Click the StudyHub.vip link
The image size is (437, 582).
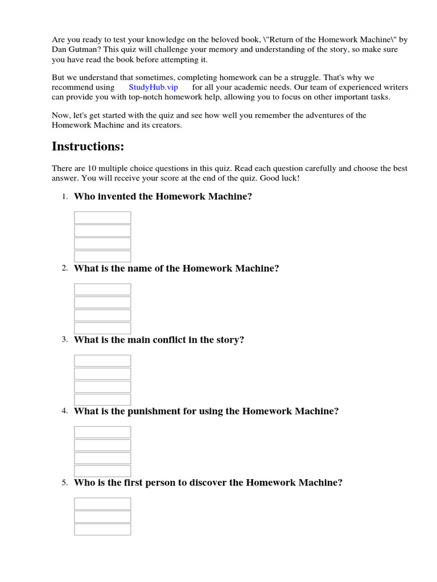point(154,88)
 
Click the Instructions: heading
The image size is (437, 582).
point(88,147)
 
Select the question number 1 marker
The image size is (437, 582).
point(65,197)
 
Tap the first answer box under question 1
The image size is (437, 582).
point(102,218)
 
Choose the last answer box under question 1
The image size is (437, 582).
point(102,256)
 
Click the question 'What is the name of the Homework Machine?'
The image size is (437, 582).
point(176,268)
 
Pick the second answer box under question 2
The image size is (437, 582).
point(102,302)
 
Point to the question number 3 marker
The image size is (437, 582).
point(65,340)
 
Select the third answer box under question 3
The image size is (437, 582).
point(102,386)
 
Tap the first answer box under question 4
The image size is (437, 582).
point(102,432)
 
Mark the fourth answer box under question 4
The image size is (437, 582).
point(102,471)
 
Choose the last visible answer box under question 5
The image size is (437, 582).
point(102,529)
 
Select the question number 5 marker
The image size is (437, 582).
point(65,483)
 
